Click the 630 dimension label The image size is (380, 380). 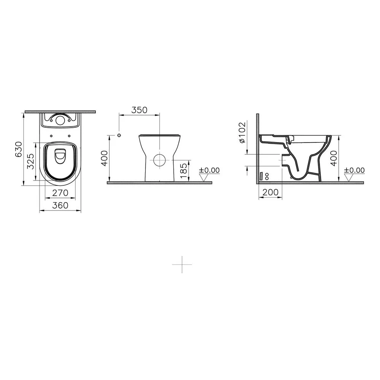click(19, 149)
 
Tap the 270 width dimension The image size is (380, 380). click(60, 193)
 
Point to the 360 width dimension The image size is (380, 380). click(60, 206)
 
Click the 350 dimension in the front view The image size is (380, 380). click(139, 110)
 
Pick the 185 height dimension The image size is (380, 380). click(184, 171)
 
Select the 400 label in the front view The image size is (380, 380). click(104, 158)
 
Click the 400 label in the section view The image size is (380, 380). click(334, 158)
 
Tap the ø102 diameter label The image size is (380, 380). click(242, 132)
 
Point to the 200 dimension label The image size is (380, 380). click(271, 192)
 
